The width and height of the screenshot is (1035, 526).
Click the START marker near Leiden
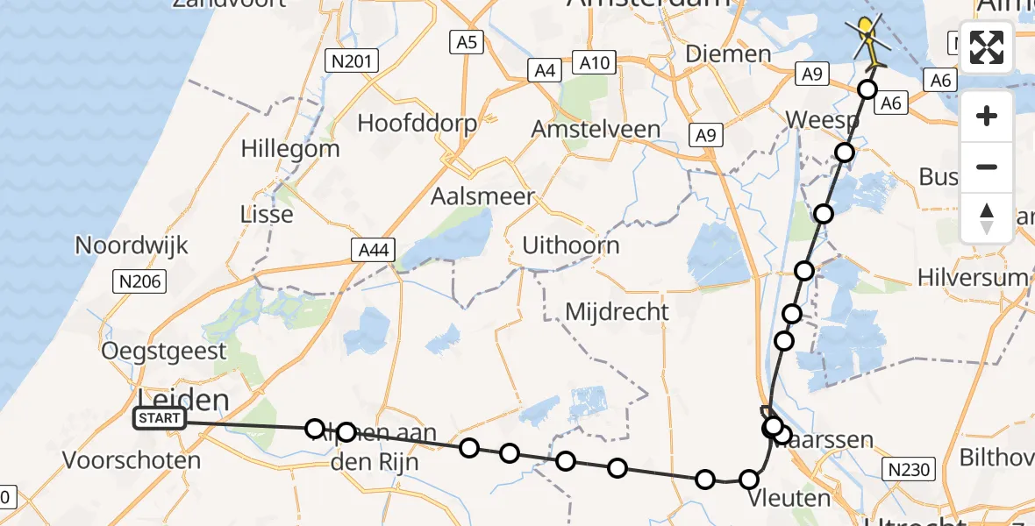click(x=159, y=418)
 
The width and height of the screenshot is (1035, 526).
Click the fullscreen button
click(x=987, y=47)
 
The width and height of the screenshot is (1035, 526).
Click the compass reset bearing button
click(x=987, y=218)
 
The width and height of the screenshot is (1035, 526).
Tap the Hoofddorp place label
click(x=417, y=123)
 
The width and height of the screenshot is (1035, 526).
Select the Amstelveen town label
click(x=596, y=129)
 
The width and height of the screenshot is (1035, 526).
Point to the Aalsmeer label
click(x=482, y=196)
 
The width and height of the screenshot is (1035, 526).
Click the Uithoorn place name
click(x=571, y=245)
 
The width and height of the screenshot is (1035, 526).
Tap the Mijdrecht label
click(x=617, y=311)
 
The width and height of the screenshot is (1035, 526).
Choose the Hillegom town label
click(x=290, y=148)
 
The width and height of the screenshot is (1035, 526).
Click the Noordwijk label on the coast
click(x=132, y=245)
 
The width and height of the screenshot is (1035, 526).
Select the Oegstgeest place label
click(x=164, y=351)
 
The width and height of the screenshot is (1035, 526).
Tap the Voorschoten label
click(x=132, y=459)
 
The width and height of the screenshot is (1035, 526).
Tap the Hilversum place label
click(x=972, y=278)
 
